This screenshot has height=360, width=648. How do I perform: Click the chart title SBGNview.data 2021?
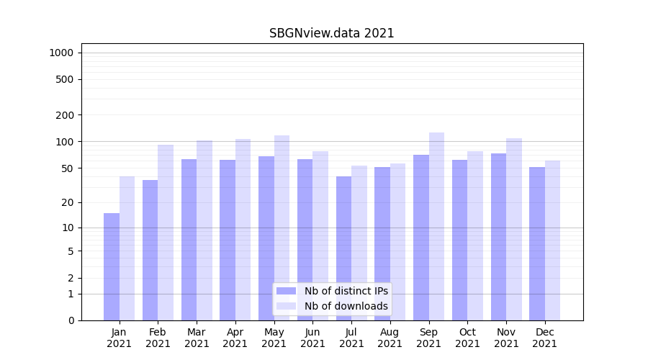point(332,33)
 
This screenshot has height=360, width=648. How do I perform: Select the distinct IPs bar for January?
point(112,266)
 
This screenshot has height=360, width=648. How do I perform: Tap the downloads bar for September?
point(436,226)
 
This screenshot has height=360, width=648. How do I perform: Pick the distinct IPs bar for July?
point(343,248)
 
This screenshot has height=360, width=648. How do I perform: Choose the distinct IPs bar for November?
point(498,237)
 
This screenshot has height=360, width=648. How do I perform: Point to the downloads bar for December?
point(552,240)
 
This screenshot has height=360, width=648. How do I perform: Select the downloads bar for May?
point(282,228)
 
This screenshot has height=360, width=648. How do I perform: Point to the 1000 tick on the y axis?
point(61,53)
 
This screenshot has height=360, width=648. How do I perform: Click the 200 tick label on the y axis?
point(65,115)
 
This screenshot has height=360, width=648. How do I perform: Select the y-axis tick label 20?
point(68,202)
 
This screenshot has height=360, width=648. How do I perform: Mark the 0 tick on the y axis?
point(71,320)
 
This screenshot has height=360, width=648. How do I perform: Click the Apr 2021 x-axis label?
point(235,338)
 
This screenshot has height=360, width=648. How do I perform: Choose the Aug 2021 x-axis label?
point(390,338)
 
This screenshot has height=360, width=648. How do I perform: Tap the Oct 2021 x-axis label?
point(467,338)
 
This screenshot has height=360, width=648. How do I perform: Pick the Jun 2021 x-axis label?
point(312,338)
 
